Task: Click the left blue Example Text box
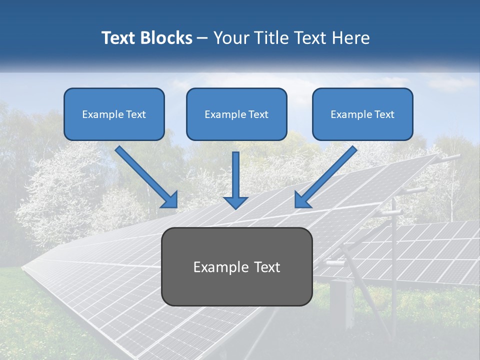(114, 114)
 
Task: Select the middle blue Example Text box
(236, 114)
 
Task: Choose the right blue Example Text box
(362, 114)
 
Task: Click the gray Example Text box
(236, 266)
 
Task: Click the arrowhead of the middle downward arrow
(235, 202)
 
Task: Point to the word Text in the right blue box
(384, 114)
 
